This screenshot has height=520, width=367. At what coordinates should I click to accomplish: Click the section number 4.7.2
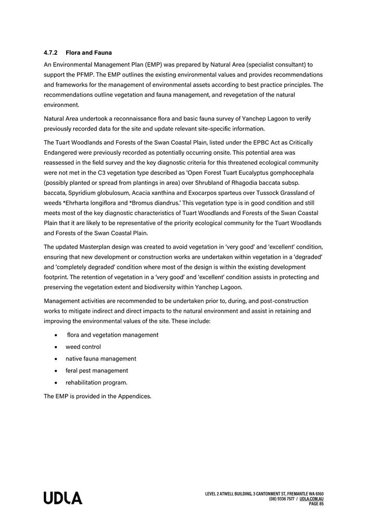coord(51,53)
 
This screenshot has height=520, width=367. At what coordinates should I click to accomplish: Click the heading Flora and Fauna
coord(88,53)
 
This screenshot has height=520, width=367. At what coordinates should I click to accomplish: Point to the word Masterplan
coord(99,247)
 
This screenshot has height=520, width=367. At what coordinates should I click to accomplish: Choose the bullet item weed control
coord(83,347)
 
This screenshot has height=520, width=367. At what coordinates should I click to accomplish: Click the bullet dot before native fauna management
coord(56,359)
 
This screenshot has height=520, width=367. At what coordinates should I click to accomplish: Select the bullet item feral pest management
coord(97,371)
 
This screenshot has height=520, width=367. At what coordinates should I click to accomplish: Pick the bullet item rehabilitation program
coord(96,383)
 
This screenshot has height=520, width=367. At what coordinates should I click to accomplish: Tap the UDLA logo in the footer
coord(63,498)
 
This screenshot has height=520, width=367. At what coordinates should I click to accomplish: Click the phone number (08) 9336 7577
coord(282,499)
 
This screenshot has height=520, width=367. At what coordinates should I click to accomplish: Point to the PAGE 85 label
coord(317,504)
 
